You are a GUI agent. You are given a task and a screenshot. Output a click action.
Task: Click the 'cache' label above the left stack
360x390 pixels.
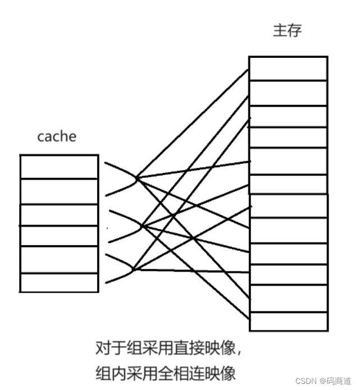pos(57,136)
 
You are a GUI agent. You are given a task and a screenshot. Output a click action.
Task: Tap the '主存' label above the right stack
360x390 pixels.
pos(288,30)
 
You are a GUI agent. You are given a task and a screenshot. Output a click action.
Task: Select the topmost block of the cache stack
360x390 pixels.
pos(59,167)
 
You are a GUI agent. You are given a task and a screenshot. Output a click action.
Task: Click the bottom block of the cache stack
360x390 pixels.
pos(59,282)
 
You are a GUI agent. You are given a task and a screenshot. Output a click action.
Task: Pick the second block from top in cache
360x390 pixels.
pos(59,191)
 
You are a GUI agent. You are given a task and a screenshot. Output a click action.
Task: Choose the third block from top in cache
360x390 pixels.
pos(59,215)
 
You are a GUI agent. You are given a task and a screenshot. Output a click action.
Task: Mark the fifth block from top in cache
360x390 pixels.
pos(59,259)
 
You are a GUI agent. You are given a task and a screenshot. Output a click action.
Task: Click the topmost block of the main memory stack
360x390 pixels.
pos(288,68)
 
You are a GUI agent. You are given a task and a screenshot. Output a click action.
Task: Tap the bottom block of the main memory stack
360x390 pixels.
pos(288,322)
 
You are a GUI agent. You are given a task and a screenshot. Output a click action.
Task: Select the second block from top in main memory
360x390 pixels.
pos(288,93)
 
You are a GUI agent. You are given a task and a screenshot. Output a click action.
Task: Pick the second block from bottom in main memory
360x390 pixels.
pos(288,298)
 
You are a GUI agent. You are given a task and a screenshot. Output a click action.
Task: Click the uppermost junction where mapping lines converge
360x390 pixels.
pos(137,178)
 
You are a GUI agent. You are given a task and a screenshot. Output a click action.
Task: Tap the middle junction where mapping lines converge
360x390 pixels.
pos(140,227)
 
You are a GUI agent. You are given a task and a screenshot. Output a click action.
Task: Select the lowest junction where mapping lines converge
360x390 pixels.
pos(135,270)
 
